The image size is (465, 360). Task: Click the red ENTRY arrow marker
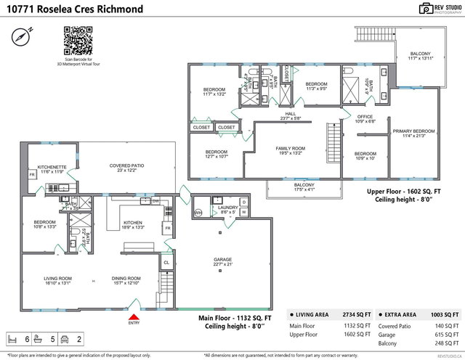[x=133, y=316]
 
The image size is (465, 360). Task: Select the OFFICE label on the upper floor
[x=365, y=118]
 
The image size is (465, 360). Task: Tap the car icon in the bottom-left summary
[x=64, y=339]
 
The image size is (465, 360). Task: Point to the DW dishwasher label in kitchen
[x=155, y=201]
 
